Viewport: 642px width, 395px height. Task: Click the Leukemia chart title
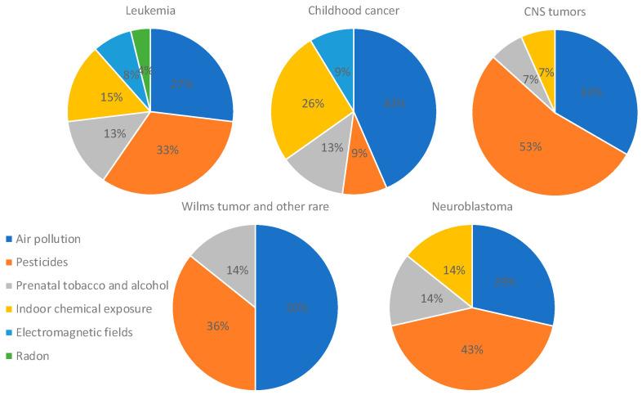pos(150,11)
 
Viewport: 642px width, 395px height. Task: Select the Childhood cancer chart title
pos(353,11)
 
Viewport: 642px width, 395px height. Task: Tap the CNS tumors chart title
pos(555,11)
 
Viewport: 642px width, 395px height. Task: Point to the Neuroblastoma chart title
pos(472,207)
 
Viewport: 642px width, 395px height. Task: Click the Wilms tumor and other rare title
pos(256,207)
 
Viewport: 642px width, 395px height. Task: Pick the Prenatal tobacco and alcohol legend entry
pos(90,285)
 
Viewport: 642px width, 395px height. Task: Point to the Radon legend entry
pos(37,356)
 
